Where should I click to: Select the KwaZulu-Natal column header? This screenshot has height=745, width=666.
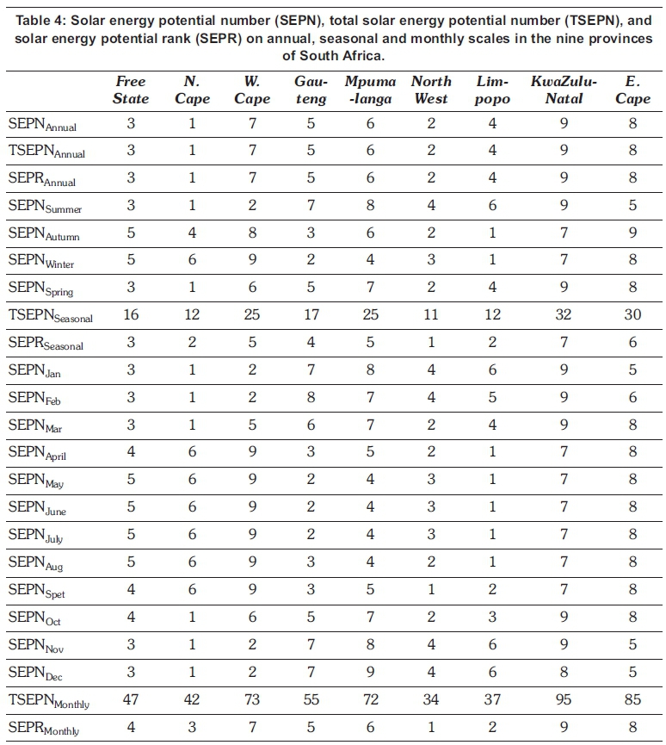(x=564, y=90)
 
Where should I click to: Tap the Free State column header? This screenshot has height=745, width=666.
(x=130, y=90)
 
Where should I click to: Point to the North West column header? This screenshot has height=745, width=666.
(x=431, y=90)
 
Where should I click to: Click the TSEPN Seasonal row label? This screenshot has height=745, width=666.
(x=50, y=315)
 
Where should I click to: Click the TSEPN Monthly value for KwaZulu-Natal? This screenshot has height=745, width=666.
(x=564, y=701)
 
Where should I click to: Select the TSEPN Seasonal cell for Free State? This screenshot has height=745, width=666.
(x=130, y=314)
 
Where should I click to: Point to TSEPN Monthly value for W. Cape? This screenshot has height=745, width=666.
(x=252, y=701)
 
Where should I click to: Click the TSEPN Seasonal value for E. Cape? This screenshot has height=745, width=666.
(x=633, y=314)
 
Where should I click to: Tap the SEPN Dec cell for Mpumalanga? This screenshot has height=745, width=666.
(x=371, y=673)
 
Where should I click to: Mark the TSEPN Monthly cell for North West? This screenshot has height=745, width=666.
(x=431, y=701)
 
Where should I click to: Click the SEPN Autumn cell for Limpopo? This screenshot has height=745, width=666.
(x=493, y=233)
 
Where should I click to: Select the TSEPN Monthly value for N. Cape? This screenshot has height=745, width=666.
(x=192, y=701)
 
